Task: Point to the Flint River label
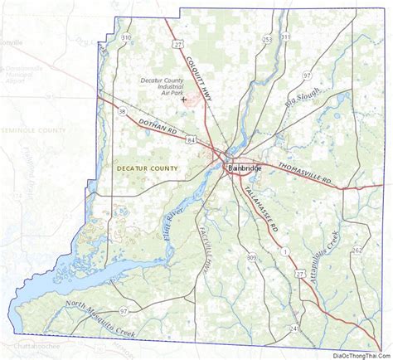172,223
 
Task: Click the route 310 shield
125,39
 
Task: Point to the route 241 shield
294,329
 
